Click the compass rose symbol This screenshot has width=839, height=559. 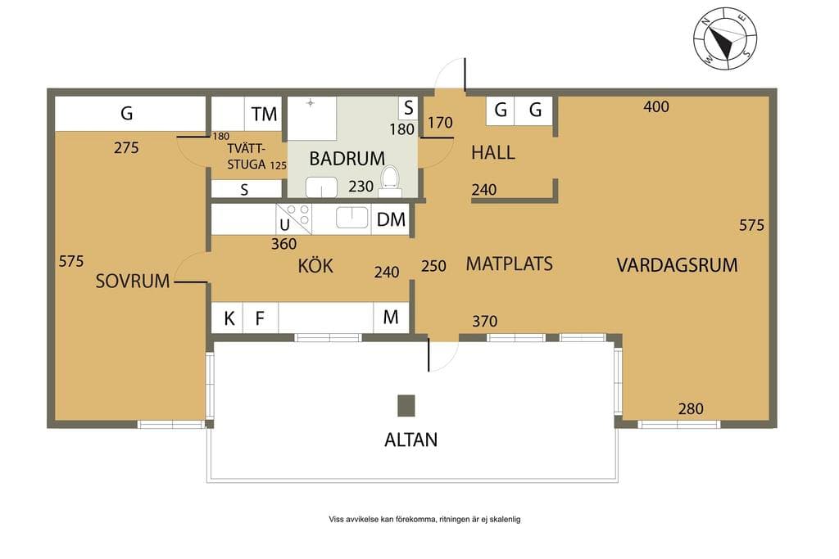coord(725,38)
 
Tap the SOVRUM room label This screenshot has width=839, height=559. coord(132,281)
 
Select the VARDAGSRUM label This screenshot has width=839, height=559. coord(677,265)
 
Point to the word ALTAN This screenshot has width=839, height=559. coord(411,440)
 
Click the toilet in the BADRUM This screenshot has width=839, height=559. coord(389,181)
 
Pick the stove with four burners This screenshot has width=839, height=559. coord(294,219)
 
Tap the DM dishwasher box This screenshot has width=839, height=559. coord(391,219)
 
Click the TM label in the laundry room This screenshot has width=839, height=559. coord(265,114)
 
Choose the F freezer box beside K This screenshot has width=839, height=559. coord(261,318)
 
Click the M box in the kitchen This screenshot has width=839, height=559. coord(391,318)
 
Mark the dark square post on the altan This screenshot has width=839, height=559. coord(406,406)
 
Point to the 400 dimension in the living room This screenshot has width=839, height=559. coord(656,107)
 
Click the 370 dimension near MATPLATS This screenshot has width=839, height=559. coord(485,321)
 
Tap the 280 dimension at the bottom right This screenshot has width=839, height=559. coord(691,409)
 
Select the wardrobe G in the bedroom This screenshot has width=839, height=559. coord(130,113)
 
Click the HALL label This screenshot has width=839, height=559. coord(492,153)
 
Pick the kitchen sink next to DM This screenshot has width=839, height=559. coord(351,218)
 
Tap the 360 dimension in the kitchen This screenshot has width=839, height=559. coord(283,244)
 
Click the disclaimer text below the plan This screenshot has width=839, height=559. coord(424,519)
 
